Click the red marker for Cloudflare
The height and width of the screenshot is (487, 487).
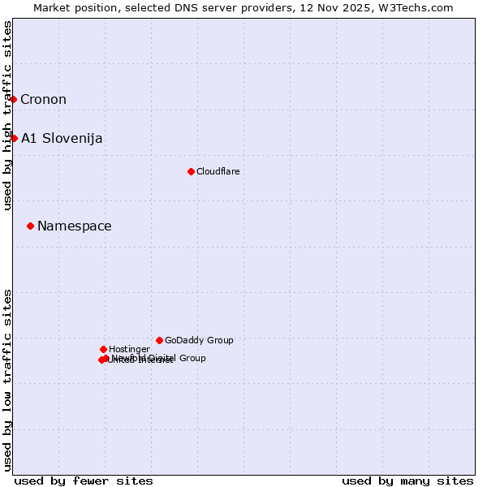tap(191, 171)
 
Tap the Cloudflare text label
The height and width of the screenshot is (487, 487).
tap(218, 171)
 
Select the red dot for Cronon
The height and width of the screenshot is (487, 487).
tap(14, 99)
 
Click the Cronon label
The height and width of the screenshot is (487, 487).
tap(43, 100)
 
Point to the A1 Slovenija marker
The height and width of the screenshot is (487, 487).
tap(14, 138)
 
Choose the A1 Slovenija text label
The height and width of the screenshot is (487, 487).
tap(62, 138)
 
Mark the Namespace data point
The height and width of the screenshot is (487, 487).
tap(30, 226)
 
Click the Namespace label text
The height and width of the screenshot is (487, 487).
tap(75, 226)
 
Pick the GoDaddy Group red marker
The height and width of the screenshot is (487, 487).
tap(159, 340)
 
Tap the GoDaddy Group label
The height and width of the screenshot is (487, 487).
tap(199, 340)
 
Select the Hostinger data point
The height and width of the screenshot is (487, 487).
tap(103, 349)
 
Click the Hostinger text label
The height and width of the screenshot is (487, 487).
tap(129, 349)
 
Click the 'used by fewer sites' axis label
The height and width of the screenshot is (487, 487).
tap(84, 481)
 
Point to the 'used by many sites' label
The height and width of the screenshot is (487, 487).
tap(407, 481)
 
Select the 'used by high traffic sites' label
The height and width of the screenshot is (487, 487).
tap(8, 115)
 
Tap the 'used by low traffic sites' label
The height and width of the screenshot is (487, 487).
tap(8, 379)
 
